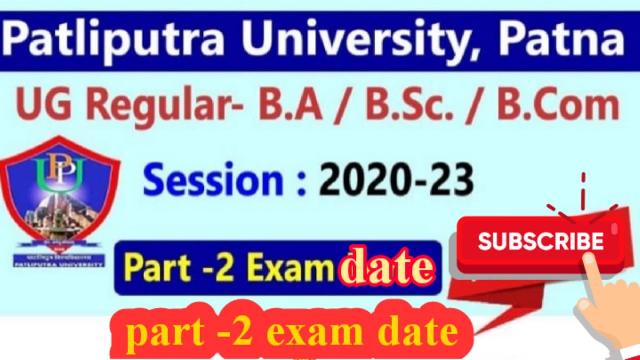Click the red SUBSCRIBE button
(x=540, y=243)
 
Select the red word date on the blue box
(x=385, y=268)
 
